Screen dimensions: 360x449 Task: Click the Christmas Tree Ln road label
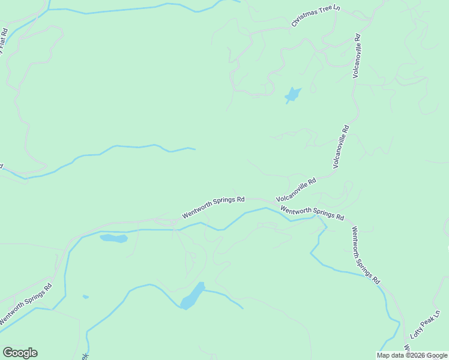(x=315, y=15)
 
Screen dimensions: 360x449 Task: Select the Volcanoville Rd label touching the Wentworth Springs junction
(x=296, y=190)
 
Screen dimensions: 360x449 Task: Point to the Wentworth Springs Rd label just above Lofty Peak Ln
(x=366, y=254)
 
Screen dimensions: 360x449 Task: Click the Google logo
(x=20, y=353)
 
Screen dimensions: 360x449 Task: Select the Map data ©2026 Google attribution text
(x=412, y=355)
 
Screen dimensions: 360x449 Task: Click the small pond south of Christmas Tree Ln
(x=292, y=95)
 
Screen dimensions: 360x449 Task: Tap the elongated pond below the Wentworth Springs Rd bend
(x=113, y=239)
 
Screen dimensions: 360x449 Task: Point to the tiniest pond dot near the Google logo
(x=86, y=296)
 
